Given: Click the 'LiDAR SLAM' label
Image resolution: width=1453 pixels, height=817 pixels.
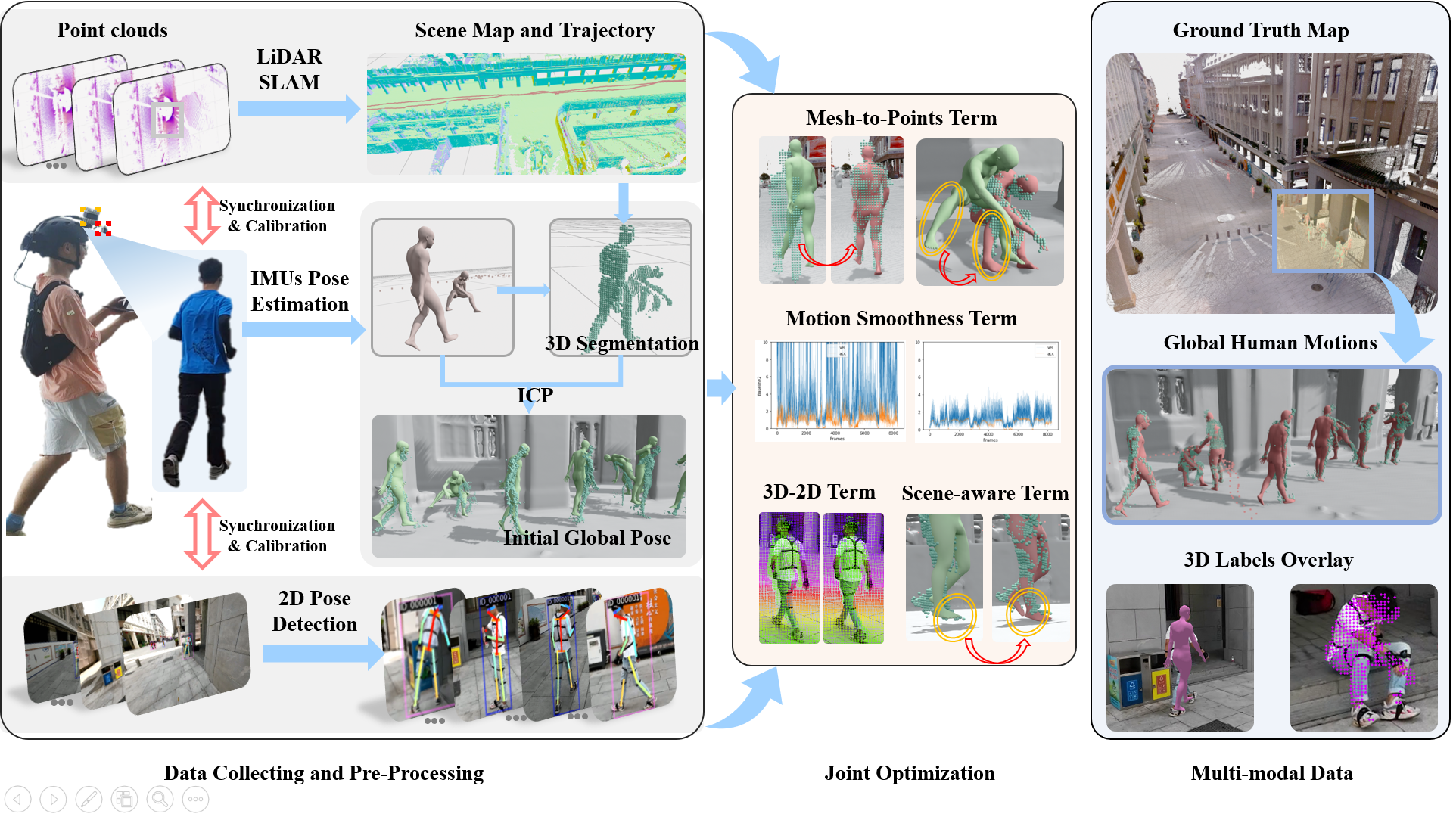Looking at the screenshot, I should point(289,70).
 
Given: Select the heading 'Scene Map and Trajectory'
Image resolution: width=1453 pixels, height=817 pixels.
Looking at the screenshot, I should point(534,30).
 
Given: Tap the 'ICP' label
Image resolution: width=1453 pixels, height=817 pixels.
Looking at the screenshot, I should point(534,395).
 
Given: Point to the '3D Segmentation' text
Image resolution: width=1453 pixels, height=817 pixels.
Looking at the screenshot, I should point(621,343).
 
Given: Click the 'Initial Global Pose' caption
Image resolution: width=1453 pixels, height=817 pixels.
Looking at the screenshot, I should point(587,538).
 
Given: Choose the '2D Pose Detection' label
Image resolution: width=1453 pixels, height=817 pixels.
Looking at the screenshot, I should point(314,611).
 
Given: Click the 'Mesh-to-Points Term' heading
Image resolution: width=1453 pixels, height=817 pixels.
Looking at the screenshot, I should point(901,118).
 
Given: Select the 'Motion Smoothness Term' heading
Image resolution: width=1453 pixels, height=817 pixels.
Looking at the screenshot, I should point(901,318).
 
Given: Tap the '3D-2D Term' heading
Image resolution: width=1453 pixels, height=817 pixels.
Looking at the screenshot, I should point(819,492).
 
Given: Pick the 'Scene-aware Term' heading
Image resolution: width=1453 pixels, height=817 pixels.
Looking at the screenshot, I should point(985,493).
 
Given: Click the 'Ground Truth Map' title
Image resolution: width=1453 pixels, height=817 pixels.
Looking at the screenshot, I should point(1260,30).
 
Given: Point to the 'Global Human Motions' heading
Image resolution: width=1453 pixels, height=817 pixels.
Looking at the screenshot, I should point(1270,343).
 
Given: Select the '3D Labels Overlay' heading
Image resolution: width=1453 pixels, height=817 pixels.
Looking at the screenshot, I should point(1268,560).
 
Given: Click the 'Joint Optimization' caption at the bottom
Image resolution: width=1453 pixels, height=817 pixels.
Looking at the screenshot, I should point(909,773).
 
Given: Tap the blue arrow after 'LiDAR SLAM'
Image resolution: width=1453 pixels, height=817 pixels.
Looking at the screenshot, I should point(298,109).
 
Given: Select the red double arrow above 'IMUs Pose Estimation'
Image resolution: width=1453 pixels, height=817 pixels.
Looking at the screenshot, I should point(201,216).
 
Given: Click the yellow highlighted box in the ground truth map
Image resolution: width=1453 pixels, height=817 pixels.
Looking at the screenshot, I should point(1323,231).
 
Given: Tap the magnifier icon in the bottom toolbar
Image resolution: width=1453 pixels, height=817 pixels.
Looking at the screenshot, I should point(160,799).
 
